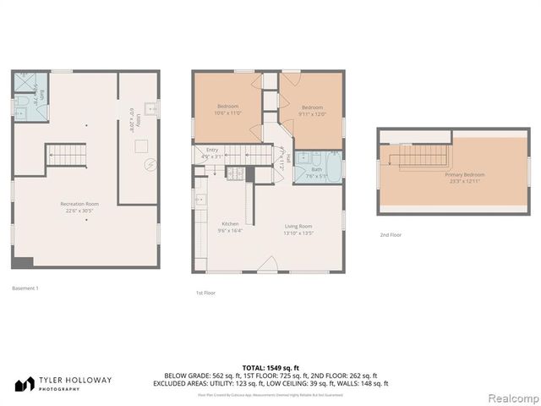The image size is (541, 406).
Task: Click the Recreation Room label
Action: [x=79, y=206]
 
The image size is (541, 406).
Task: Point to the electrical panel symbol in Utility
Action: [x=149, y=164]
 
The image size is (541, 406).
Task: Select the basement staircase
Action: [x=66, y=154]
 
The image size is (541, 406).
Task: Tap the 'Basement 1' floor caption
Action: [x=25, y=288]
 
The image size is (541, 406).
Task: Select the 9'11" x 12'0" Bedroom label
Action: [x=313, y=110]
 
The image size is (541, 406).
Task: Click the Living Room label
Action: [x=298, y=228]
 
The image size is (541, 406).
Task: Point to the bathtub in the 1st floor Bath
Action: [x=331, y=164]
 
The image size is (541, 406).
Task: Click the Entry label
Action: [x=212, y=153]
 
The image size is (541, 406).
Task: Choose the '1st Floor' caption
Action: [x=205, y=293]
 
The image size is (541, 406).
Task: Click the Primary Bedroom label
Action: [x=464, y=178]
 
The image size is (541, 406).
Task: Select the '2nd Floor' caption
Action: [x=390, y=234]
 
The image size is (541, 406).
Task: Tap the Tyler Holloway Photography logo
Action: [x=63, y=381]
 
